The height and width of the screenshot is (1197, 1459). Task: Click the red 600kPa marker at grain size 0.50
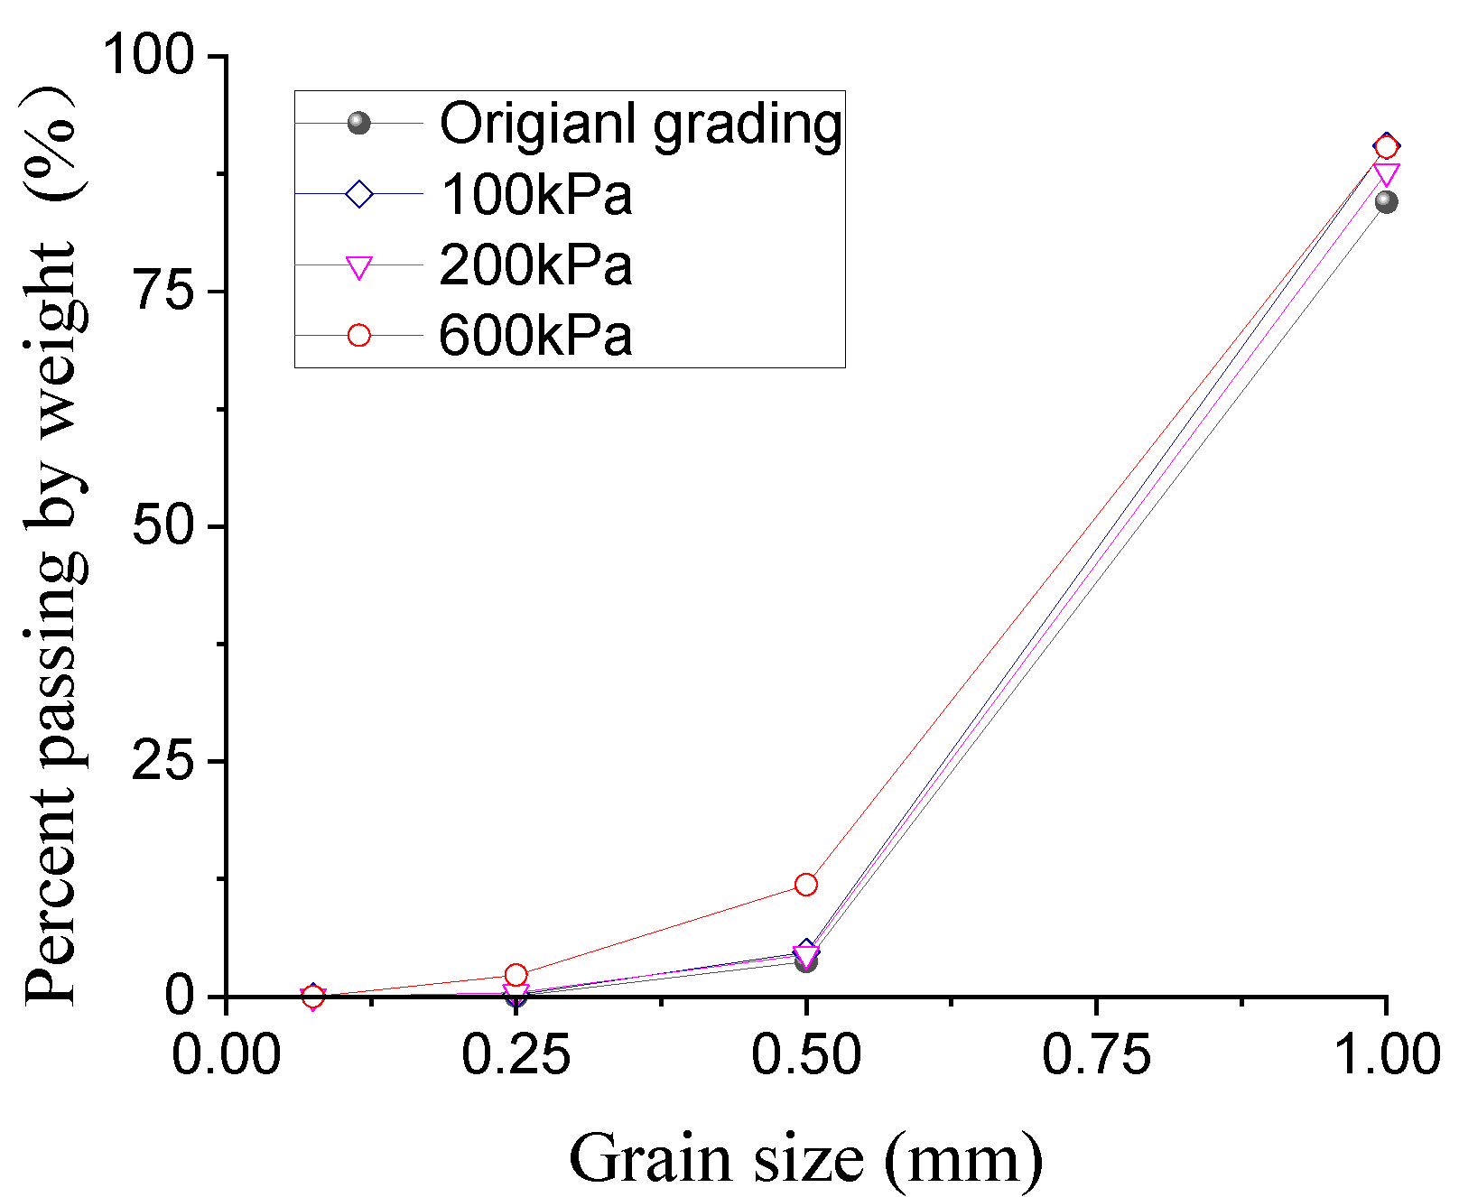806,885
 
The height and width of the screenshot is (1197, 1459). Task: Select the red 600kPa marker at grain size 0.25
516,975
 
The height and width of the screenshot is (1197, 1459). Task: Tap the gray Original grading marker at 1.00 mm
1387,201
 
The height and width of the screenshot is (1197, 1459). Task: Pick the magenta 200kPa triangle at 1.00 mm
1387,173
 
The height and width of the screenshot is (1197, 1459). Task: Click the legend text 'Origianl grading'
640,124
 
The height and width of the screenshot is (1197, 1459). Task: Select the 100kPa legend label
535,194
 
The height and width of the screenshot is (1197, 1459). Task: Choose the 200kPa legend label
535,265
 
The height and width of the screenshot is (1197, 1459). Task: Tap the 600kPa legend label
535,336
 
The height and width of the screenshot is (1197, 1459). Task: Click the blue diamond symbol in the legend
359,194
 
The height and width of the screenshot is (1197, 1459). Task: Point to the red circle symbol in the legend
359,336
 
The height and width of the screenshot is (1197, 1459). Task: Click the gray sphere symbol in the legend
359,123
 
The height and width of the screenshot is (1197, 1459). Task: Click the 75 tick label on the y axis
164,291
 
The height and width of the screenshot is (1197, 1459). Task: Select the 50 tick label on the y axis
164,525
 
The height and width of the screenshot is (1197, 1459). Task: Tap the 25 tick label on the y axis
164,761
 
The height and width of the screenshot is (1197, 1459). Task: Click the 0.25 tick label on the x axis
516,1054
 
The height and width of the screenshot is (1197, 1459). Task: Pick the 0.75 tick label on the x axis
1096,1054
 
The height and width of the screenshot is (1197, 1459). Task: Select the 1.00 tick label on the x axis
1385,1054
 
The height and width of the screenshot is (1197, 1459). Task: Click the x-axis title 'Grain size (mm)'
805,1158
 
